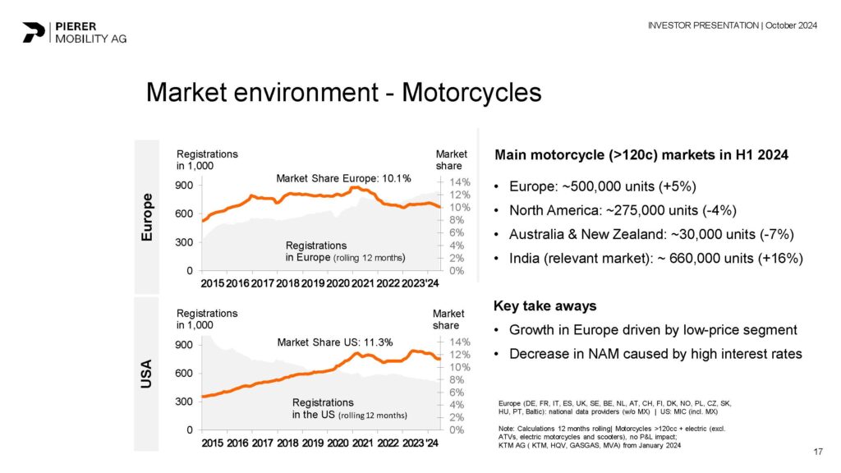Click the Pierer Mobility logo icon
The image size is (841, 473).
click(x=34, y=31)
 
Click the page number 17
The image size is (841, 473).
click(x=817, y=451)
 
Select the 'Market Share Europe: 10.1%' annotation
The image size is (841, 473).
click(x=343, y=177)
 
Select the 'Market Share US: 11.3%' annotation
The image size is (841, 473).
click(x=334, y=342)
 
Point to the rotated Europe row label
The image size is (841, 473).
click(x=148, y=217)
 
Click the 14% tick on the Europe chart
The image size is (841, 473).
click(x=459, y=182)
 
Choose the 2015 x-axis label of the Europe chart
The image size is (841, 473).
click(x=213, y=283)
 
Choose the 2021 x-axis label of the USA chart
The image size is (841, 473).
click(x=362, y=443)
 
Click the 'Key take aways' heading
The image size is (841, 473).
click(x=545, y=306)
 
